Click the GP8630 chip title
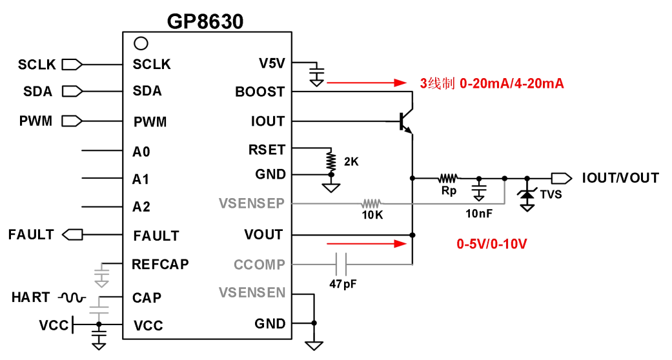pos(205,21)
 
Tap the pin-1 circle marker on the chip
pos(140,44)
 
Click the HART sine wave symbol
pos(72,297)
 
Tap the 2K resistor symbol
pos(331,160)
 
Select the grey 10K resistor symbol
pos(372,203)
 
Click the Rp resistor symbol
pos(448,177)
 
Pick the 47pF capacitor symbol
pos(342,264)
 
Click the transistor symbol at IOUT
pos(405,121)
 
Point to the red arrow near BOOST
pos(365,83)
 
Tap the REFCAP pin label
pos(160,264)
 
